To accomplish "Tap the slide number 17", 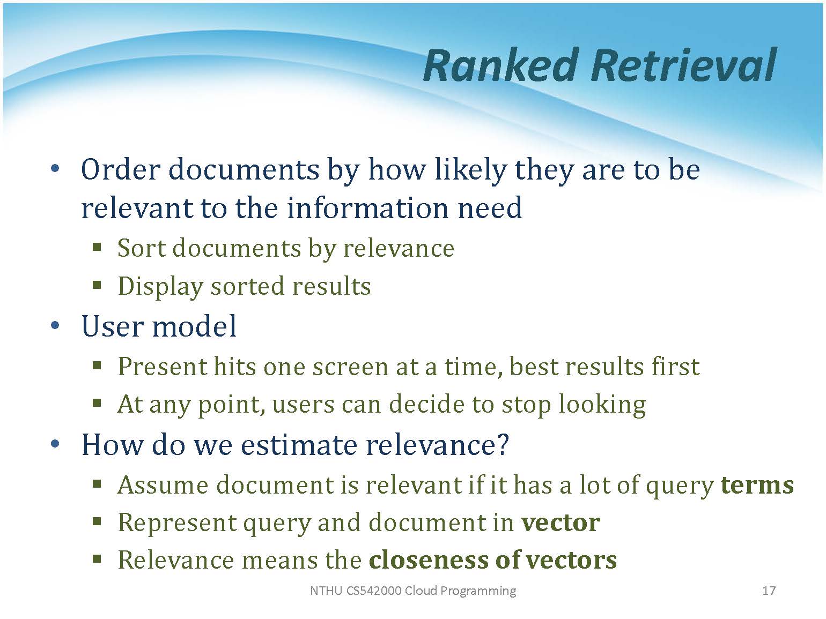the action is click(769, 591).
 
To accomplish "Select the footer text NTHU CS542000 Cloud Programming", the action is click(413, 591).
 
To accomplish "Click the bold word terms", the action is click(757, 485).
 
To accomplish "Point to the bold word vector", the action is click(560, 523).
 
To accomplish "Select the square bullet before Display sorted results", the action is click(97, 285).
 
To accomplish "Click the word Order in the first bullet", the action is click(121, 169).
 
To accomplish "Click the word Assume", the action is click(163, 485).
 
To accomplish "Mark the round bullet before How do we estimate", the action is click(55, 444).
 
